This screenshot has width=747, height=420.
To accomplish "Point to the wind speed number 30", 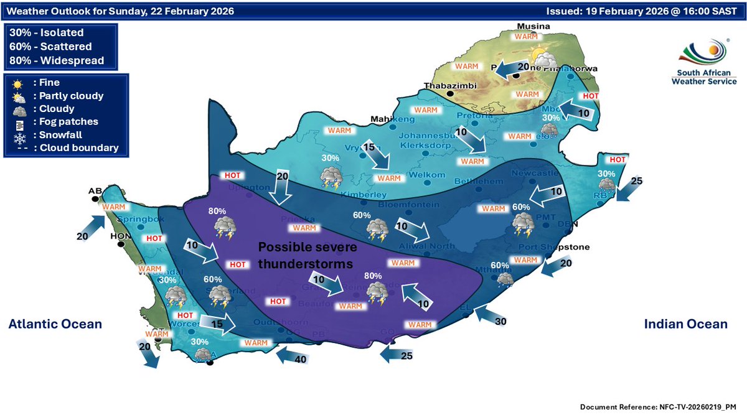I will (x=501, y=321).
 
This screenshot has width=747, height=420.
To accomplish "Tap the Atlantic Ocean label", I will (x=55, y=324).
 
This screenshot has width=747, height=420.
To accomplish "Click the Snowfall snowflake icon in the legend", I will (x=17, y=135).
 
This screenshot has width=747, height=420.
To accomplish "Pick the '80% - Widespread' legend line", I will (x=57, y=60).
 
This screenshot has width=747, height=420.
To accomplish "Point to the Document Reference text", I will (x=658, y=406).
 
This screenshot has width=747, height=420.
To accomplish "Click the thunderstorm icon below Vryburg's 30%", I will (x=330, y=178).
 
